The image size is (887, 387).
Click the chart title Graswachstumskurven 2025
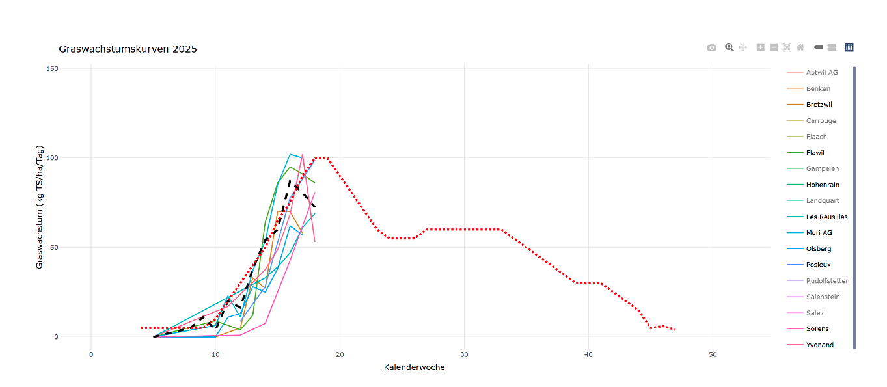point(128,49)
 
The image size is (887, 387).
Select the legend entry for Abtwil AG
point(821,73)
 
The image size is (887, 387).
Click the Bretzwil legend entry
point(819,105)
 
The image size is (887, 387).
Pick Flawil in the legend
point(815,153)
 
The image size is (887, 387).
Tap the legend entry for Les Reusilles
point(826,217)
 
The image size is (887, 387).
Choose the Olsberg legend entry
point(818,248)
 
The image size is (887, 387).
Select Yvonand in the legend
point(819,345)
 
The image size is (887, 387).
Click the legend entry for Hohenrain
point(822,185)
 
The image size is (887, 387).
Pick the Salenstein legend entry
point(823,297)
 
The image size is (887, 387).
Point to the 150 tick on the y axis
point(51,69)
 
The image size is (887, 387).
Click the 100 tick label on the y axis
point(51,158)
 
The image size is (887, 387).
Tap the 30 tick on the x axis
point(464,354)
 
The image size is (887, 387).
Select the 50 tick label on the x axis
point(713,354)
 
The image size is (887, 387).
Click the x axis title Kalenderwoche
point(415,367)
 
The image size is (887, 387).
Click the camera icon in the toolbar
point(712,47)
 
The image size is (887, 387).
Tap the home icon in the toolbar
point(800,47)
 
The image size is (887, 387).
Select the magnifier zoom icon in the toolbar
point(730,47)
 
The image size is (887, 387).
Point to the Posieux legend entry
point(818,265)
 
